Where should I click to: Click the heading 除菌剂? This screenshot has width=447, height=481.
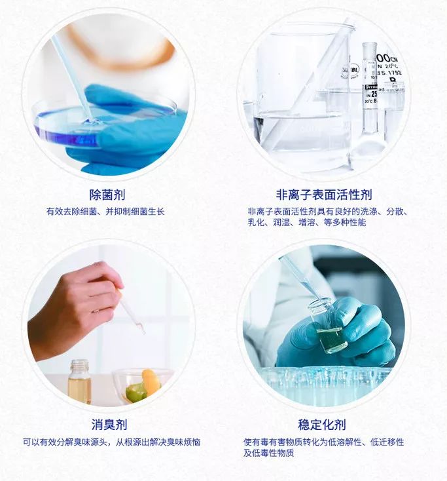click(107, 195)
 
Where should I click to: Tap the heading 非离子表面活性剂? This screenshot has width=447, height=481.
click(324, 195)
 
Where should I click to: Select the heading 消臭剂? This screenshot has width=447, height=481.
click(109, 425)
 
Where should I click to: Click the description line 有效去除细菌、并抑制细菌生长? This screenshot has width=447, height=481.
click(105, 212)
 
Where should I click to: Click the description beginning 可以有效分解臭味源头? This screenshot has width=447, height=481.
click(111, 442)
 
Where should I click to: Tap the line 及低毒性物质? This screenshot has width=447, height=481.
click(268, 453)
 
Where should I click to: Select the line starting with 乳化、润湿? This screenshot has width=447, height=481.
click(306, 223)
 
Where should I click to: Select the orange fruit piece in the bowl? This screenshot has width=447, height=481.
click(151, 381)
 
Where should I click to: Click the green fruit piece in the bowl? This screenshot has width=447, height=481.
click(136, 393)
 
